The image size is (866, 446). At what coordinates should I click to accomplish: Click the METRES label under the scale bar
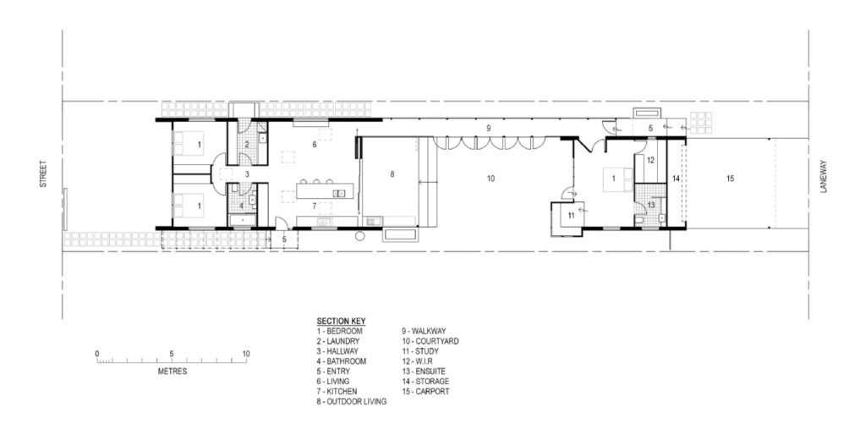click(x=172, y=371)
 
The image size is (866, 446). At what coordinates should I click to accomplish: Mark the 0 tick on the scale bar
click(x=97, y=354)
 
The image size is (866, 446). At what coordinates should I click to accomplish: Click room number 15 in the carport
click(x=731, y=179)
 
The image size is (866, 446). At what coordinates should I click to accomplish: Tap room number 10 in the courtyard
click(x=489, y=179)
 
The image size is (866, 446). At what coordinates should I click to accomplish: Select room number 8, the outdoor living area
click(x=392, y=173)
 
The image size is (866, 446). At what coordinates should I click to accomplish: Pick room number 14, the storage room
click(x=676, y=179)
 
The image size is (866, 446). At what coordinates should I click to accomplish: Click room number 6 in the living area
click(x=314, y=145)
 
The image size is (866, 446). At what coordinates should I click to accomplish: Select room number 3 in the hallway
click(x=246, y=173)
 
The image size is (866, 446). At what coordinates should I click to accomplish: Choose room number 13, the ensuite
click(x=651, y=204)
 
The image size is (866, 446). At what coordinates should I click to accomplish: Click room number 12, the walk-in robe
click(x=651, y=159)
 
